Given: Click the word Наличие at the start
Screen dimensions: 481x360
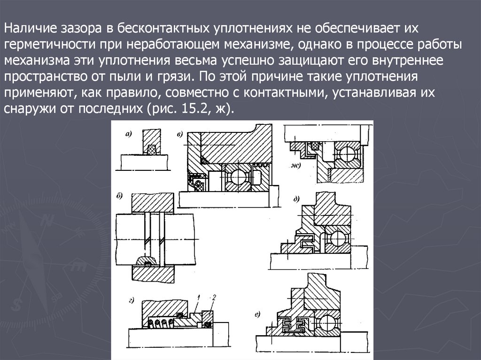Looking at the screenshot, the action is click(x=30, y=28).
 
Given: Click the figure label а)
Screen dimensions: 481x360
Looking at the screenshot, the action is click(x=129, y=134).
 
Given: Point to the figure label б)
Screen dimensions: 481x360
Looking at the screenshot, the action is click(x=119, y=196).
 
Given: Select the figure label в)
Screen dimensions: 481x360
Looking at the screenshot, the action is click(x=180, y=134).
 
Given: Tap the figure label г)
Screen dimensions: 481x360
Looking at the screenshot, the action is click(x=132, y=301).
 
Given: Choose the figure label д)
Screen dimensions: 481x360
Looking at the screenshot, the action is click(x=296, y=199).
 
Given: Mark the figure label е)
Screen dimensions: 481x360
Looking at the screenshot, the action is click(x=257, y=314).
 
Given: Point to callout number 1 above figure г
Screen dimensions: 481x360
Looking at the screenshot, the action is click(x=199, y=297).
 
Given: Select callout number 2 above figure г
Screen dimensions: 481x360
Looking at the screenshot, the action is click(x=214, y=297).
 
